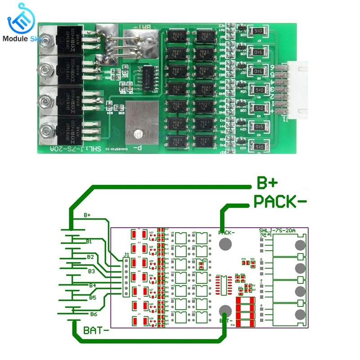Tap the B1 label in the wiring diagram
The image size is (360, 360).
[x=90, y=241]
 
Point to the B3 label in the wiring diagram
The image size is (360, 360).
[x=91, y=271]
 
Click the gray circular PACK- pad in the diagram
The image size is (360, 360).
[x=226, y=244]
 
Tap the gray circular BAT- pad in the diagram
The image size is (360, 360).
[x=226, y=311]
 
